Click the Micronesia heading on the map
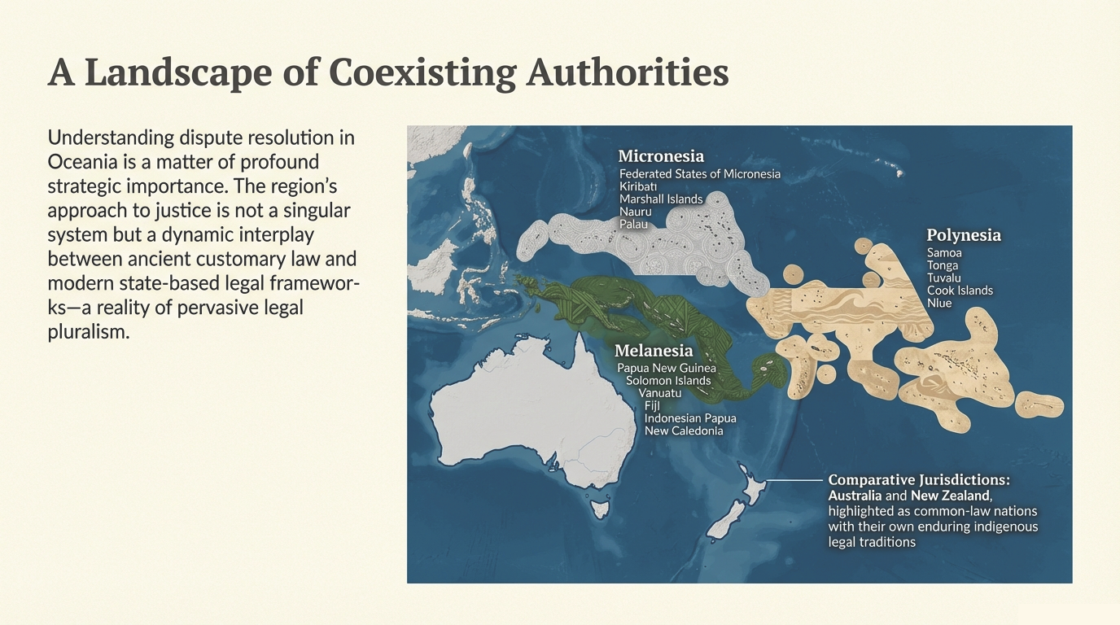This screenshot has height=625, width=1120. click(x=661, y=156)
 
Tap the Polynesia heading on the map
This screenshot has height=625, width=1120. click(x=964, y=235)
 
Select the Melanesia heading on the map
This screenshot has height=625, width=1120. click(x=654, y=351)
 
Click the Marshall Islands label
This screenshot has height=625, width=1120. click(x=661, y=199)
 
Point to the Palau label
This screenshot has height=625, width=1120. click(x=634, y=224)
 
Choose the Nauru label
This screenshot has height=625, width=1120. click(x=636, y=212)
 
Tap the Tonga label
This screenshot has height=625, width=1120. click(x=943, y=265)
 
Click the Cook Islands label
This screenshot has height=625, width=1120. click(x=960, y=291)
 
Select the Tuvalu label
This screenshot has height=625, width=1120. click(x=944, y=278)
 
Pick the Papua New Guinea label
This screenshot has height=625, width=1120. click(x=667, y=369)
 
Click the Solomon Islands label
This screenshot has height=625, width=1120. click(x=668, y=381)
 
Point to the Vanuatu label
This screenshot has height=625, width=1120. click(x=660, y=393)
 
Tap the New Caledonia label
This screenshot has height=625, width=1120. click(x=684, y=431)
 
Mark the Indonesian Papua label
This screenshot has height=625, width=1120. click(x=690, y=418)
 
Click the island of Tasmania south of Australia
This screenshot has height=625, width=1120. click(x=601, y=510)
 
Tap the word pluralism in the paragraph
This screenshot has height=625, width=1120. click(x=89, y=333)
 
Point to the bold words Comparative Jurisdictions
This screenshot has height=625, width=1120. click(x=918, y=479)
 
